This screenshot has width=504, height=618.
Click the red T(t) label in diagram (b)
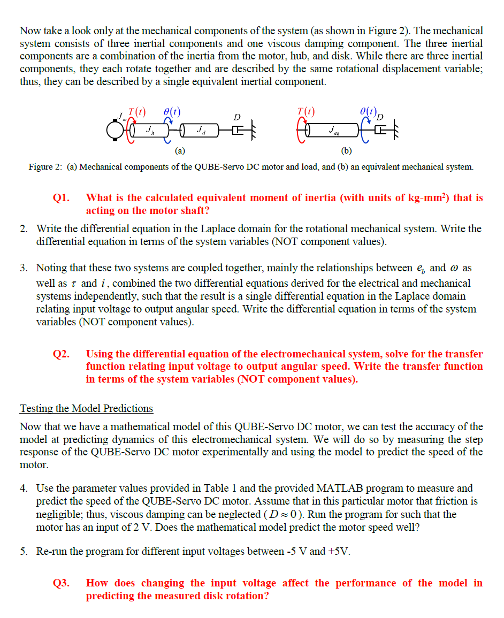click(306, 112)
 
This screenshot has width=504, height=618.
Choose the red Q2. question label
click(62, 354)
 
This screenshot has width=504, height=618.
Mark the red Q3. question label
click(62, 583)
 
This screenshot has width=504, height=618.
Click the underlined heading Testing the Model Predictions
click(86, 409)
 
